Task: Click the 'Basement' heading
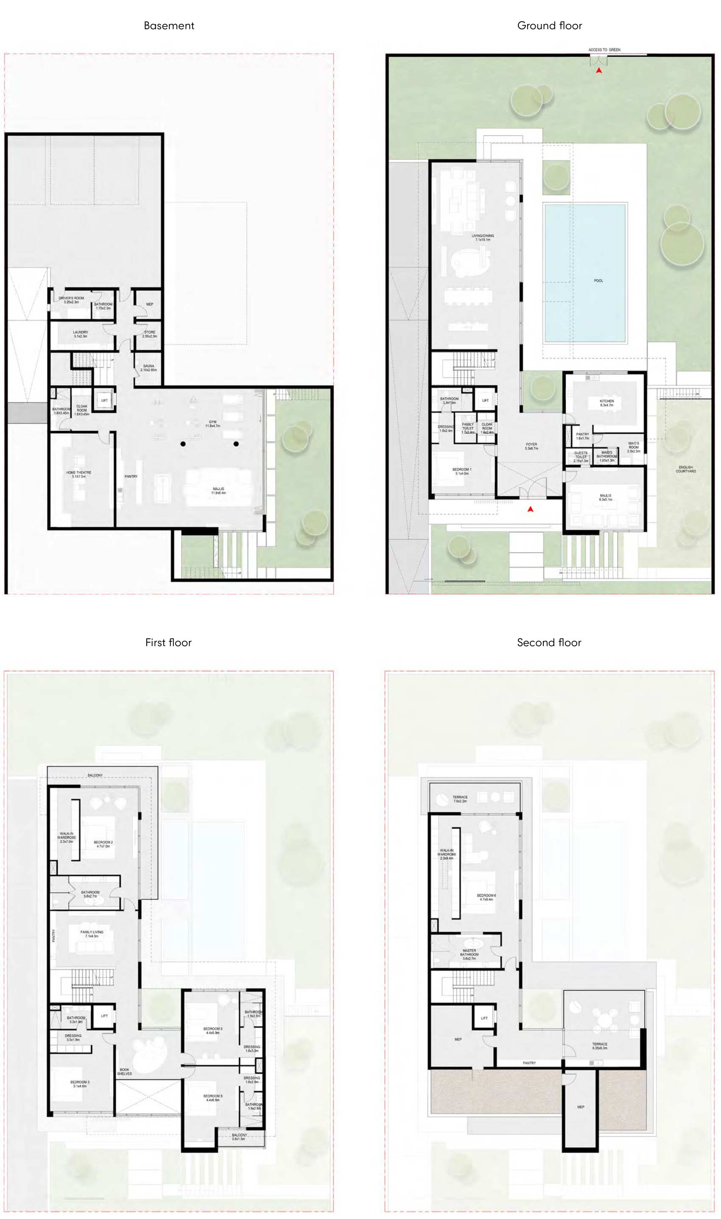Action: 169,26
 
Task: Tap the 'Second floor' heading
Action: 549,643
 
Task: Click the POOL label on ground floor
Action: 598,281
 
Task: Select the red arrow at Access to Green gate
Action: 599,71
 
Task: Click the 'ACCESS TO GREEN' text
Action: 604,50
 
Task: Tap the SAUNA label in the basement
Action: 149,368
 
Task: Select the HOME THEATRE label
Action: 79,474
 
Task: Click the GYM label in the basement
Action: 212,424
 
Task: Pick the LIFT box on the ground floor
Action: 485,401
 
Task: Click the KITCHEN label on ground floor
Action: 606,403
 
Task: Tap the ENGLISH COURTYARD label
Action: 685,469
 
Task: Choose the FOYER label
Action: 531,446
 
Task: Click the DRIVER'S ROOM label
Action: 71,300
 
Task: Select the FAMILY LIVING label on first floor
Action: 92,934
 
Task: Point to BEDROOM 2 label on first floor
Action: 103,844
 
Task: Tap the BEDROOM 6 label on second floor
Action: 486,897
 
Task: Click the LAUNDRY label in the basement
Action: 80,334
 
